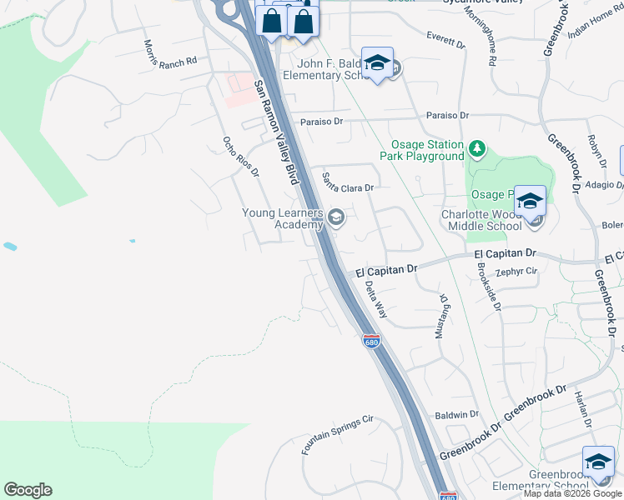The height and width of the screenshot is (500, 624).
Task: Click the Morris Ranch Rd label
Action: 169,53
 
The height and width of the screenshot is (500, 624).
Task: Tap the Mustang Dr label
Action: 442,315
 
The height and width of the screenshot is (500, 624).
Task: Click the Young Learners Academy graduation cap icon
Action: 336,218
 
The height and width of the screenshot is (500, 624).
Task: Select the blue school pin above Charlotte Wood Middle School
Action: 530,202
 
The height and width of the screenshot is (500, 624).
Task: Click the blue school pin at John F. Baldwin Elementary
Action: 378,63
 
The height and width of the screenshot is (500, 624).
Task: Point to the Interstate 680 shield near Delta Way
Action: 371,341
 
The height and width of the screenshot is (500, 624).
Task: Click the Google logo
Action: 28,490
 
